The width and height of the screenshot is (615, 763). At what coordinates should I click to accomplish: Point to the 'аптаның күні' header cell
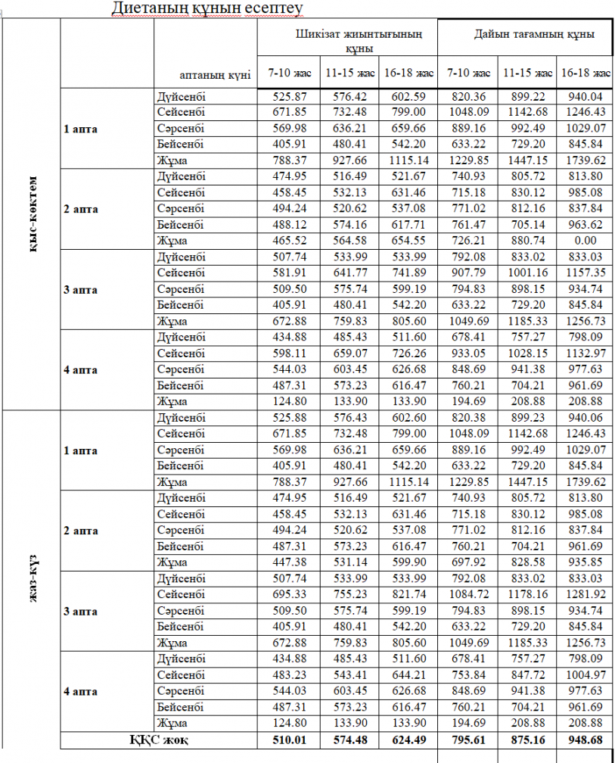pyautogui.click(x=215, y=75)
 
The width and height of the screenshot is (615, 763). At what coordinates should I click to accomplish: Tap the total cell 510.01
pyautogui.click(x=288, y=740)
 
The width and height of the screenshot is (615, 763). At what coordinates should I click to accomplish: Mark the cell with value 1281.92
pyautogui.click(x=585, y=595)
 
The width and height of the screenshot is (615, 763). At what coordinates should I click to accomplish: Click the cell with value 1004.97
pyautogui.click(x=585, y=675)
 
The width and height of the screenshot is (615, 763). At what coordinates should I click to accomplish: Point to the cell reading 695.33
pyautogui.click(x=288, y=595)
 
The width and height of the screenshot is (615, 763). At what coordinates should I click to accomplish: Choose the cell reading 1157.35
pyautogui.click(x=585, y=273)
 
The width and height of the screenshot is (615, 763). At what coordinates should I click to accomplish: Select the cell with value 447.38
pyautogui.click(x=288, y=562)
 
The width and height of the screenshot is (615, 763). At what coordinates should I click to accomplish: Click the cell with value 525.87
pyautogui.click(x=288, y=97)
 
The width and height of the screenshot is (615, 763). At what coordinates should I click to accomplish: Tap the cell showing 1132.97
pyautogui.click(x=585, y=353)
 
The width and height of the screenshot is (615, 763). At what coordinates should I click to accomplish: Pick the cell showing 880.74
pyautogui.click(x=527, y=241)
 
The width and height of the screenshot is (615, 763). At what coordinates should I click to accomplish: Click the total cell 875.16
pyautogui.click(x=527, y=740)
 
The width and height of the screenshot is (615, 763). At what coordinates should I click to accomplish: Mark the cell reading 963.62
pyautogui.click(x=585, y=225)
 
